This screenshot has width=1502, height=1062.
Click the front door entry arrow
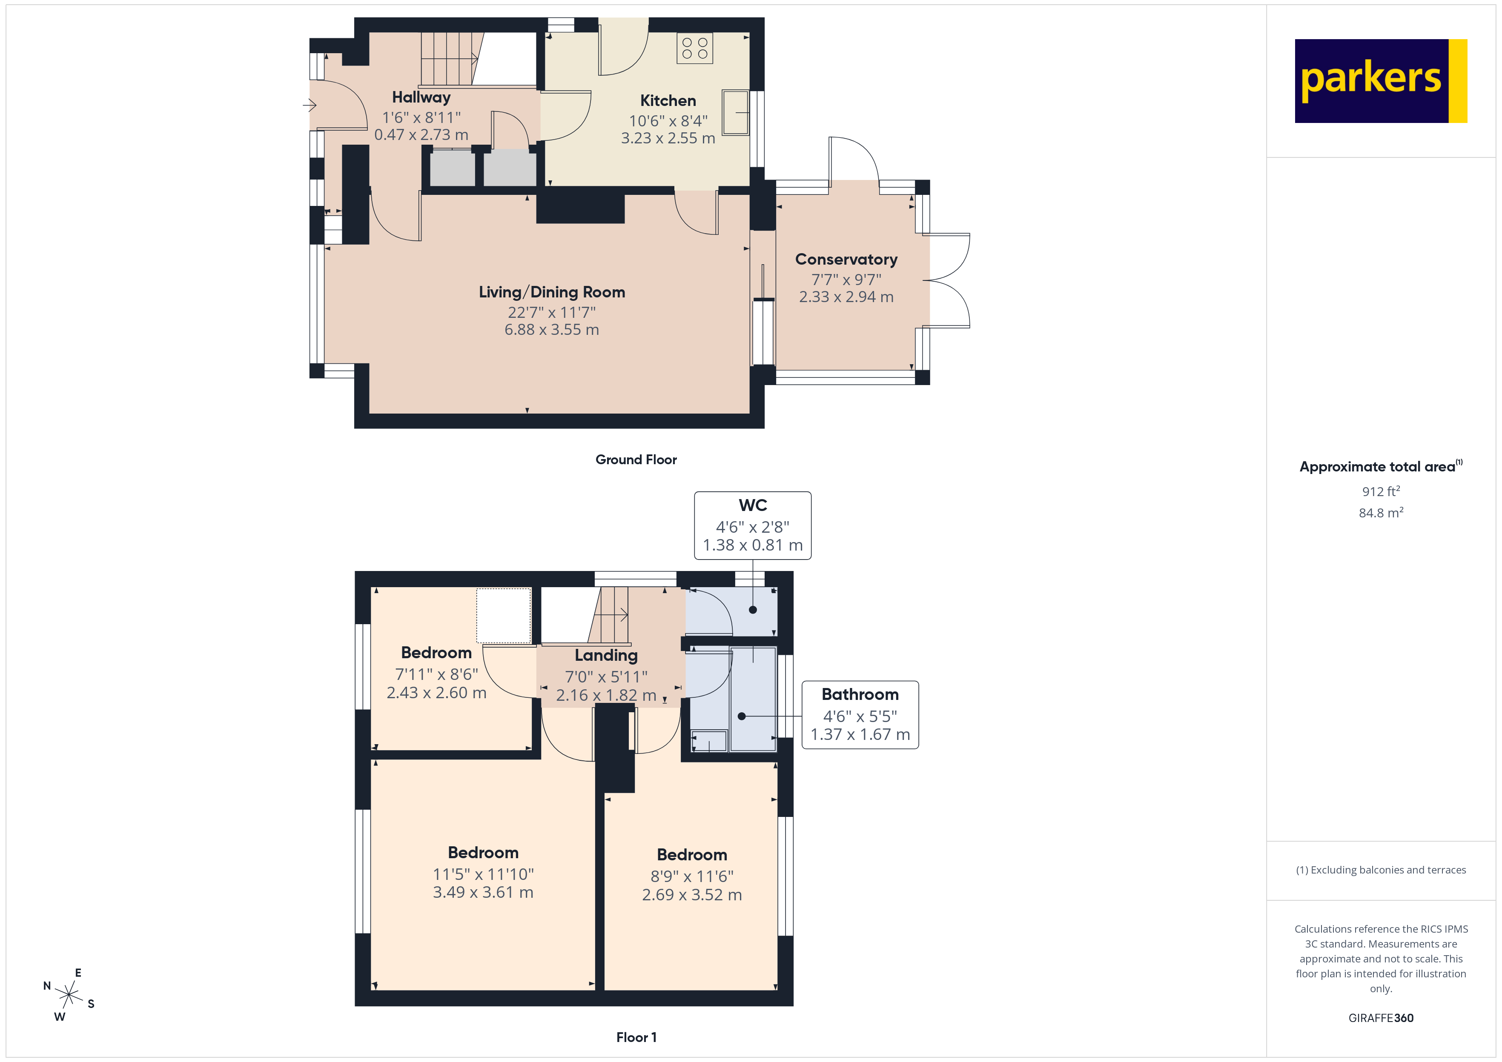click(x=310, y=105)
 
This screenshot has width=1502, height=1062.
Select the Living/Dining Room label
click(x=551, y=292)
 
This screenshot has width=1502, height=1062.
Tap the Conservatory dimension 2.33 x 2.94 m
click(x=846, y=297)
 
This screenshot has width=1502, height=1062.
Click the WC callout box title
click(x=752, y=505)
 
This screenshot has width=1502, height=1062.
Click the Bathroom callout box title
click(x=860, y=694)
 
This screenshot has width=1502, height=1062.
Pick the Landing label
click(x=606, y=655)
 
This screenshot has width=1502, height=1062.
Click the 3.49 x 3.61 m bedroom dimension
click(x=483, y=893)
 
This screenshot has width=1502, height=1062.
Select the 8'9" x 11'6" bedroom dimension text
click(x=691, y=876)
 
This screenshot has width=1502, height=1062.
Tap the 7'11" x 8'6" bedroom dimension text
click(x=436, y=674)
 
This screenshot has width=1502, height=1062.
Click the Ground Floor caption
click(x=636, y=460)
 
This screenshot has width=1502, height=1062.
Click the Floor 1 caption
click(x=636, y=1037)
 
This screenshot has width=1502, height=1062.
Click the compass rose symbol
click(x=68, y=995)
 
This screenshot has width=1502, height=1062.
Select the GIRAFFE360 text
click(x=1380, y=1018)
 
